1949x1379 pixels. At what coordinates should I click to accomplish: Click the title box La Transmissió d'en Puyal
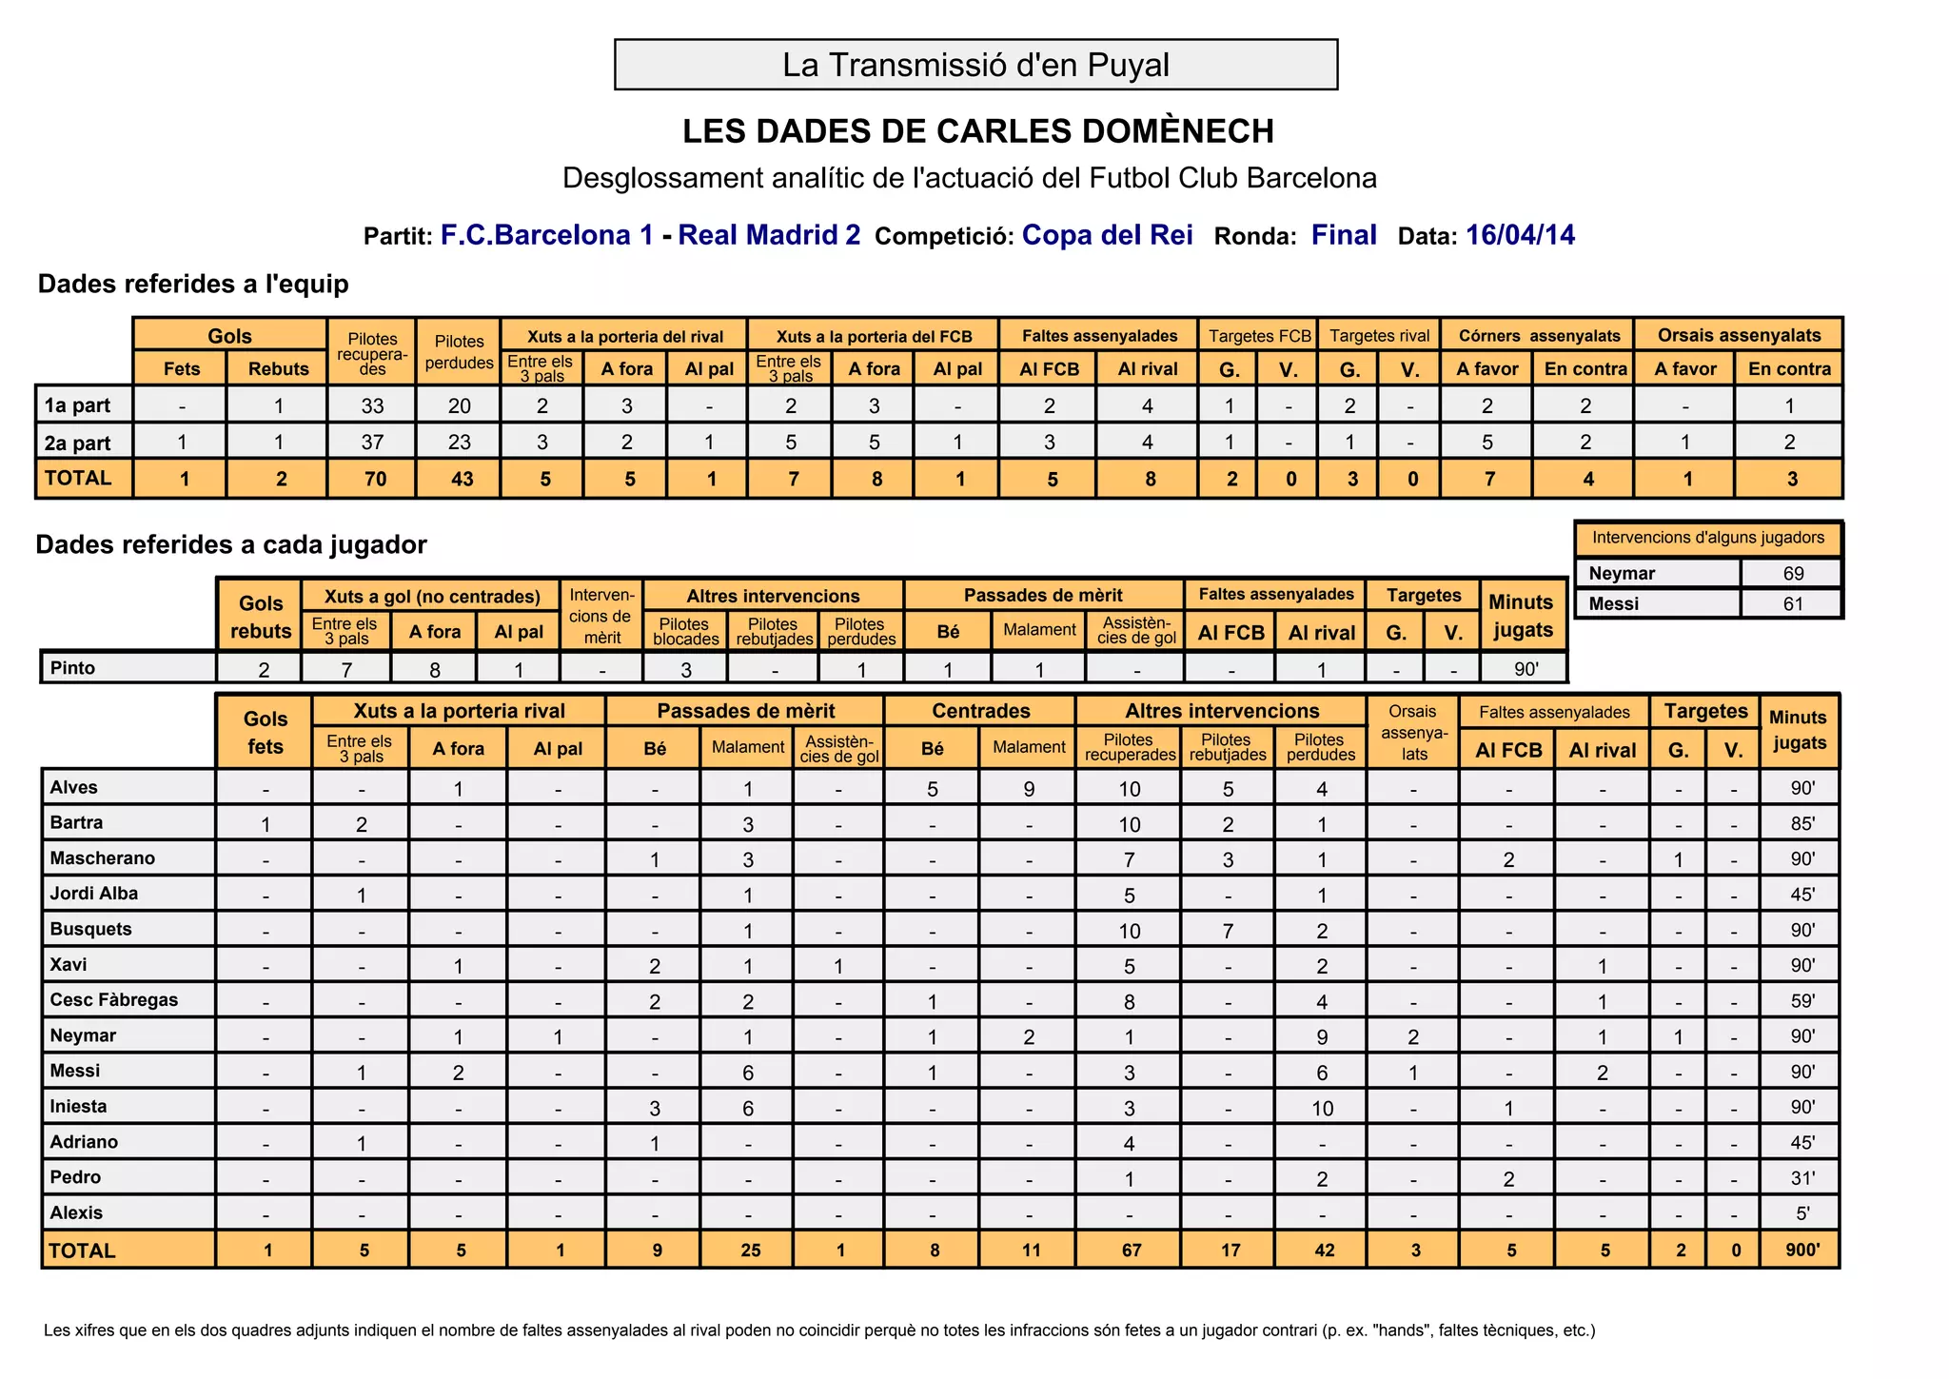pos(975,65)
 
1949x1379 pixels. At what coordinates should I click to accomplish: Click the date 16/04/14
pos(1520,235)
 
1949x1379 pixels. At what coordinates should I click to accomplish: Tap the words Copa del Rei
pos(1107,235)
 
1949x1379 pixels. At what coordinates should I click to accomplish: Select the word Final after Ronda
pos(1344,235)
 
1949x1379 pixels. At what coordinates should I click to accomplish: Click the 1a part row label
pos(78,405)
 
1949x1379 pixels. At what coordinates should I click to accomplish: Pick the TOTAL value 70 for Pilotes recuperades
pos(375,479)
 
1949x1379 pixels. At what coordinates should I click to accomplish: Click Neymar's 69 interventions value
pos(1793,573)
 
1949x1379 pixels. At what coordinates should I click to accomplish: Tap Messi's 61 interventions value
pos(1793,603)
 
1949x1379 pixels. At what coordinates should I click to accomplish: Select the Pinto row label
pos(73,668)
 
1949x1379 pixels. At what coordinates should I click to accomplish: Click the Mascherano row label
pos(103,858)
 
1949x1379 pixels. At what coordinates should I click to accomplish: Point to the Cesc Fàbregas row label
pos(114,1000)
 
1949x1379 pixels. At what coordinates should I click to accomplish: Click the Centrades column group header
pos(980,711)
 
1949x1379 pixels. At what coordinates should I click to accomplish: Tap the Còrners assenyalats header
pos(1539,335)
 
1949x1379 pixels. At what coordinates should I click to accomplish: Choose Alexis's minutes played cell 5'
pos(1802,1213)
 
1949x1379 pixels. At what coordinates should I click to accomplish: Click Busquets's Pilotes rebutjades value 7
pos(1228,931)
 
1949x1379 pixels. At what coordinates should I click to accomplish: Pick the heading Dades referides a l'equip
pos(193,285)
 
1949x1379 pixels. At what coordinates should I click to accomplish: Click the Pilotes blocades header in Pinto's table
pos(685,632)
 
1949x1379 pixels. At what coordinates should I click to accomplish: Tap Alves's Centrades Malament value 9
pos(1029,789)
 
